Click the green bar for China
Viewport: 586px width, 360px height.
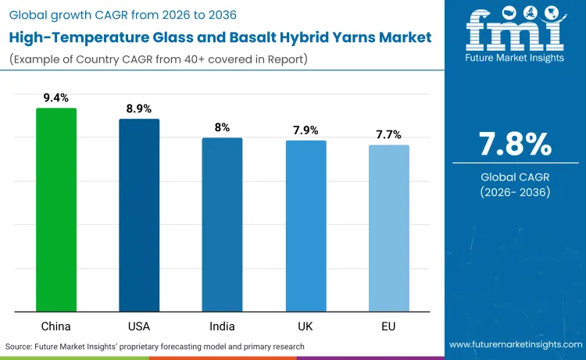pyautogui.click(x=56, y=210)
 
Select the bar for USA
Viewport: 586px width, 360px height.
pyautogui.click(x=139, y=216)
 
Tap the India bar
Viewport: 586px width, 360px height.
pyautogui.click(x=222, y=225)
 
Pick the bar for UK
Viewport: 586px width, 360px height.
pyautogui.click(x=306, y=226)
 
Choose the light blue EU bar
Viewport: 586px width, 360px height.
pyautogui.click(x=388, y=229)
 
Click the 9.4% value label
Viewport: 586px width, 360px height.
pyautogui.click(x=56, y=98)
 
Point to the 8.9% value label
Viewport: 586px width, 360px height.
pyautogui.click(x=139, y=109)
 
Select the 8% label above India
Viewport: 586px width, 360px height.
pyautogui.click(x=222, y=127)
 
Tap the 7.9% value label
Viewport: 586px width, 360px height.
pyautogui.click(x=306, y=130)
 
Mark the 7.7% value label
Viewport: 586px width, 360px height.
pyautogui.click(x=388, y=134)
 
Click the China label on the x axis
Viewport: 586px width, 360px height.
pyautogui.click(x=56, y=324)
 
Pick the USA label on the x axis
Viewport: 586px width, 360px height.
pyautogui.click(x=139, y=324)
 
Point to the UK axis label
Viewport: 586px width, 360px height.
pyautogui.click(x=306, y=324)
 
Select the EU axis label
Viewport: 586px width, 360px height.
pyautogui.click(x=388, y=324)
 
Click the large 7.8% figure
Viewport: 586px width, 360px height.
pyautogui.click(x=515, y=145)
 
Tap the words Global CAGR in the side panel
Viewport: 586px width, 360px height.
pyautogui.click(x=515, y=177)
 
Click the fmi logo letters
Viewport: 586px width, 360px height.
pyautogui.click(x=515, y=31)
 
